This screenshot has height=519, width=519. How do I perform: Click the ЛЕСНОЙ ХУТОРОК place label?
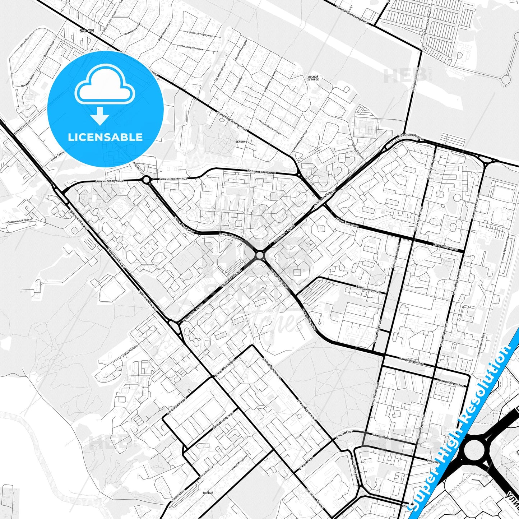[313, 78]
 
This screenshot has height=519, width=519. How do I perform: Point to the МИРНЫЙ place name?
[208, 493]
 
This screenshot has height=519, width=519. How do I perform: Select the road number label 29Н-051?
[87, 31]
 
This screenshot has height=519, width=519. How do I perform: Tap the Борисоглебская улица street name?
[232, 120]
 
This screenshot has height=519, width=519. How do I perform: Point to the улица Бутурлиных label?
[192, 48]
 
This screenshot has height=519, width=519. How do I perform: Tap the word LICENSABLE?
[105, 137]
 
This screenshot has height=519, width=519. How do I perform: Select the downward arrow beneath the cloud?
[100, 116]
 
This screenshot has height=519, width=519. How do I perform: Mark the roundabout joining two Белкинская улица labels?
[146, 180]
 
